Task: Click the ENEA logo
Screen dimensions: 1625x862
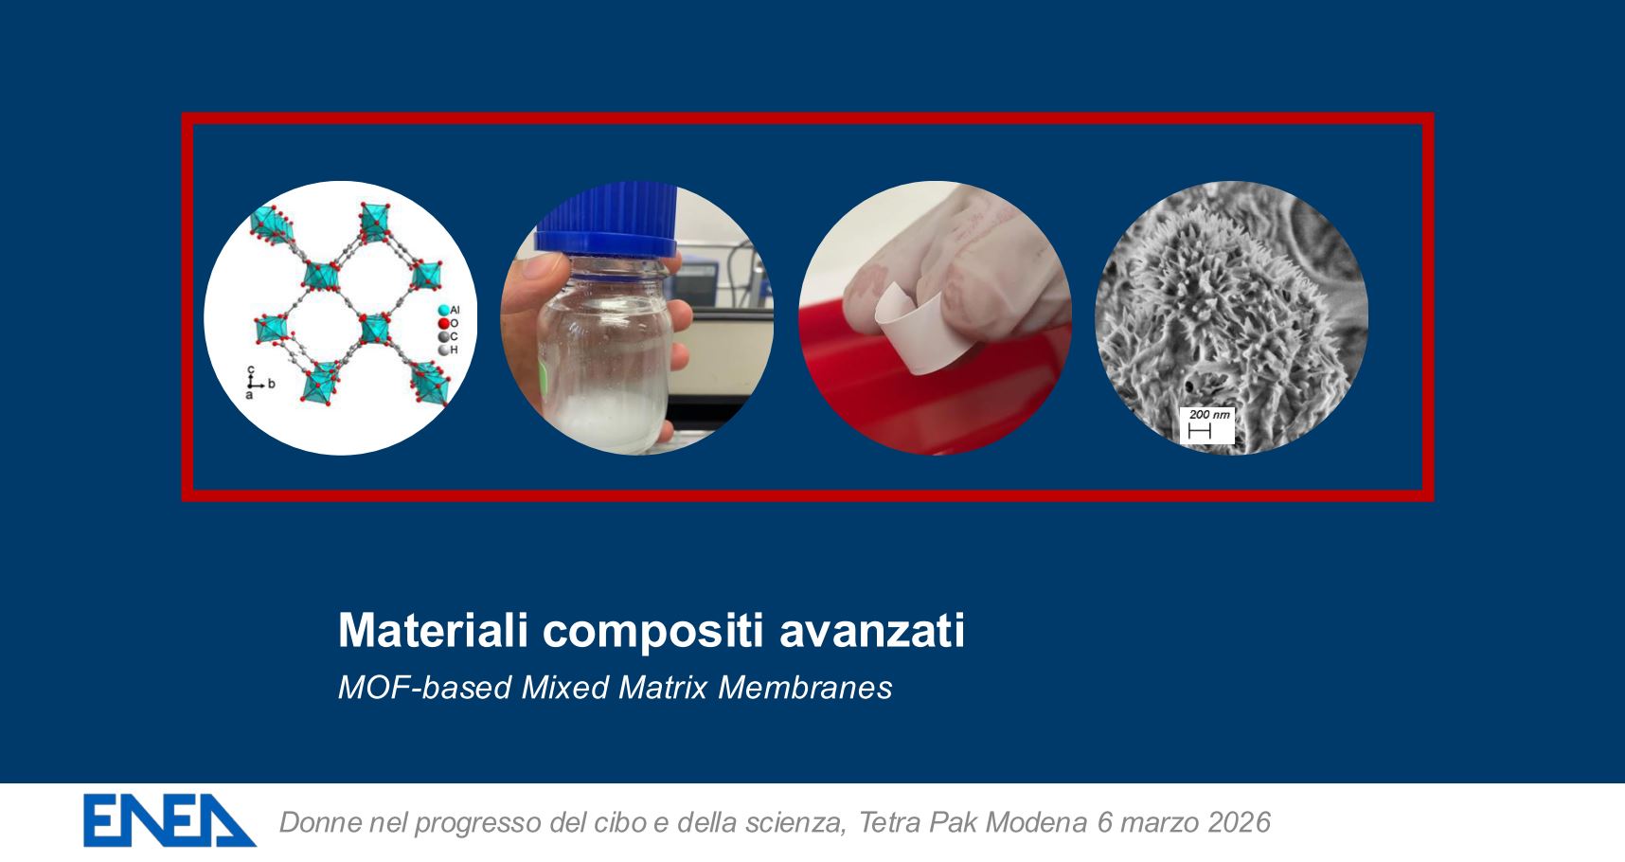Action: [x=170, y=820]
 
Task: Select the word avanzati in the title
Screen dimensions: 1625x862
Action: [x=872, y=630]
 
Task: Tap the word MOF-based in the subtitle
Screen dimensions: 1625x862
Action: [x=426, y=687]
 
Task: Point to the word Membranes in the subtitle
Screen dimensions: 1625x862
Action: [x=805, y=687]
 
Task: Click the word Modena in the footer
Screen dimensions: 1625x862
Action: [x=1036, y=821]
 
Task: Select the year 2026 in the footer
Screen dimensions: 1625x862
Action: [x=1239, y=821]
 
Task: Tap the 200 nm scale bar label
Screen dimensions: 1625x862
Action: [x=1208, y=415]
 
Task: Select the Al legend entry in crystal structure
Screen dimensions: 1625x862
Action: [x=449, y=310]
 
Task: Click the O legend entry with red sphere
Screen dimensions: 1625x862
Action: [x=448, y=323]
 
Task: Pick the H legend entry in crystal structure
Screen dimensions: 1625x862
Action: [x=448, y=350]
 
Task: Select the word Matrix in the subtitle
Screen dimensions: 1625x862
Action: [x=663, y=687]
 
